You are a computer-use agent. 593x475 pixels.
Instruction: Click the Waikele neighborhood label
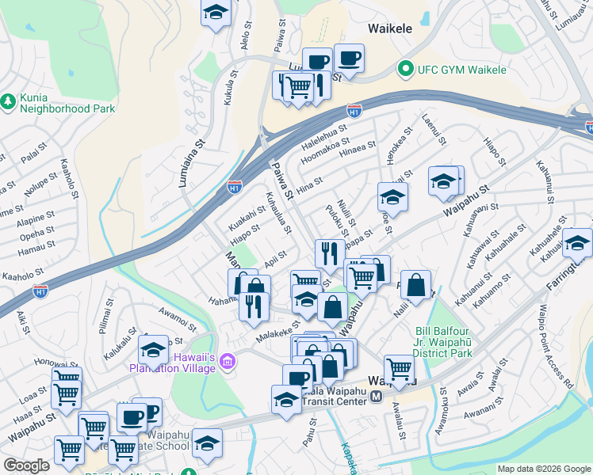390,28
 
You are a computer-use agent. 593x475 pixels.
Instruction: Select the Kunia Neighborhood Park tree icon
8,101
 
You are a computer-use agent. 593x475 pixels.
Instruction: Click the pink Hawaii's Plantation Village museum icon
228,362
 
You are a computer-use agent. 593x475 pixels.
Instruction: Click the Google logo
26,465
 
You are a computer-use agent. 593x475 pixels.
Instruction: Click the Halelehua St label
324,134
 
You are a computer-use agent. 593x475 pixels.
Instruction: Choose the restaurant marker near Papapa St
328,253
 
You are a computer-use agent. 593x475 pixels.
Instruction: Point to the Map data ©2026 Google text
544,469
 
